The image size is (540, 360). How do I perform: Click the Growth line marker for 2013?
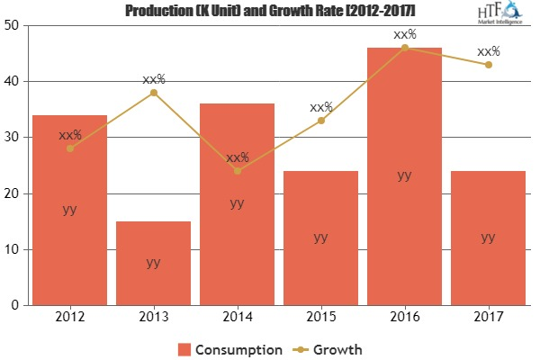(153, 93)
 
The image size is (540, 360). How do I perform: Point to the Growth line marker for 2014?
(237, 171)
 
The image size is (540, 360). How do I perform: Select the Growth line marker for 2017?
(488, 65)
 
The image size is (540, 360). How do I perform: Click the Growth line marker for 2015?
(320, 121)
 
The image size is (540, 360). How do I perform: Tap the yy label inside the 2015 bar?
(320, 238)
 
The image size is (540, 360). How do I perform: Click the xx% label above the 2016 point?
(404, 34)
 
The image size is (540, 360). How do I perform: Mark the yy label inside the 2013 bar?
(153, 263)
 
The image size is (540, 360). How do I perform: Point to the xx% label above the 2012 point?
(69, 135)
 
